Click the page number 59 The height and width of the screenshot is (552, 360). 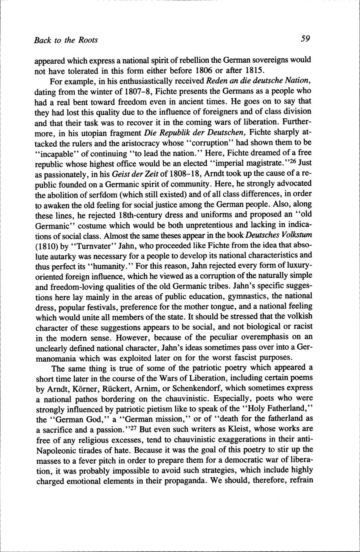(x=306, y=39)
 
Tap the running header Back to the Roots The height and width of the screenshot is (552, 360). (x=66, y=40)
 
